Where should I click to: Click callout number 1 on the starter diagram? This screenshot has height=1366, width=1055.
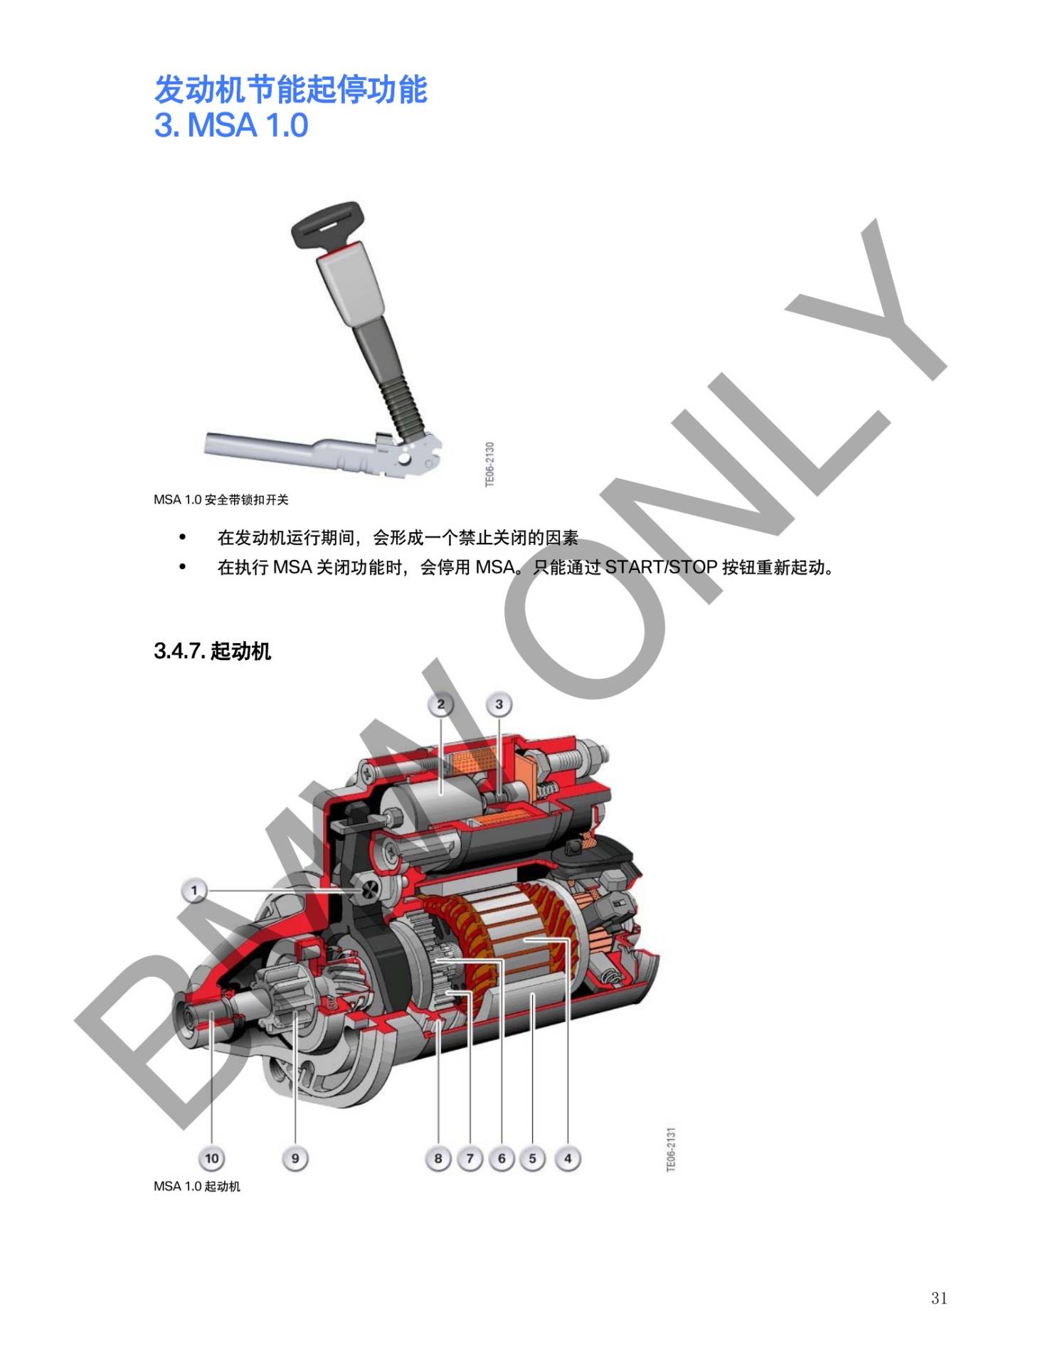point(193,890)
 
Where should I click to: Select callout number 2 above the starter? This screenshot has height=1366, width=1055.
point(441,704)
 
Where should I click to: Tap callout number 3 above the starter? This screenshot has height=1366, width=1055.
point(499,704)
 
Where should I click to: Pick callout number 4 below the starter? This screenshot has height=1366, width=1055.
point(568,1158)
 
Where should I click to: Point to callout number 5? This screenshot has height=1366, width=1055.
point(533,1158)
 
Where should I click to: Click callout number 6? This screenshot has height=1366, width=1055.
point(502,1158)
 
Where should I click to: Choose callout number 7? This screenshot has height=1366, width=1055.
point(470,1158)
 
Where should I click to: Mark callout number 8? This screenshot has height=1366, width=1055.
point(438,1158)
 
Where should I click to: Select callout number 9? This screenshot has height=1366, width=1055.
point(295,1158)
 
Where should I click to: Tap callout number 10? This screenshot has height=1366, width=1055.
point(212,1158)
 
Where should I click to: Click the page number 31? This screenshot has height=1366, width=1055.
point(939,1298)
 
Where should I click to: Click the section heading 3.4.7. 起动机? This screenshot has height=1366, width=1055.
point(212,651)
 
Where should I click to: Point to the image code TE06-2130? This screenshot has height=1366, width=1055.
point(489,465)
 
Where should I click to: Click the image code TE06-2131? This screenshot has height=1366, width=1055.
point(671,1149)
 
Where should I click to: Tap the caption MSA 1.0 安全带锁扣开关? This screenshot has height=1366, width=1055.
point(221,499)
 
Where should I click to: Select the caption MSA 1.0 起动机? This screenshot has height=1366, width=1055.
point(197,1186)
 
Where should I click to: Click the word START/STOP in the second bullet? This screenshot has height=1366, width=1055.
point(661,567)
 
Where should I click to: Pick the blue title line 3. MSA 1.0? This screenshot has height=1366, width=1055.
point(231,125)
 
